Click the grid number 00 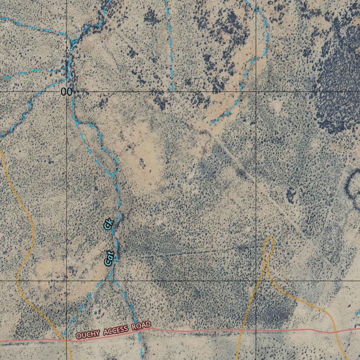[66, 92]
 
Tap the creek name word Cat [109, 258]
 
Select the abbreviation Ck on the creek [109, 224]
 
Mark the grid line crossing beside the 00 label [67, 92]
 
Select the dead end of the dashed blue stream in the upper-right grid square [211, 123]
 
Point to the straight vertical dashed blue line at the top [170, 46]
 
